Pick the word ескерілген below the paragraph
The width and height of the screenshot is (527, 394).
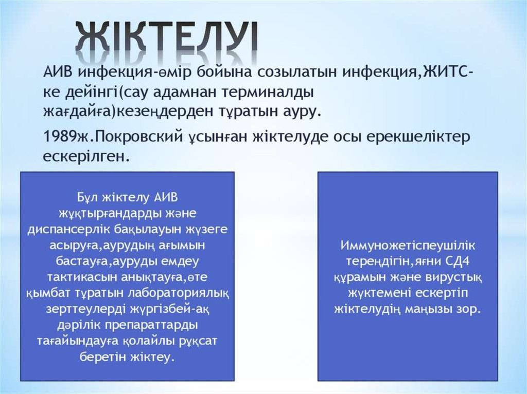[x=86, y=157]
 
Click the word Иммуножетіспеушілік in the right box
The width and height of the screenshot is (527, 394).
[x=408, y=246]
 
